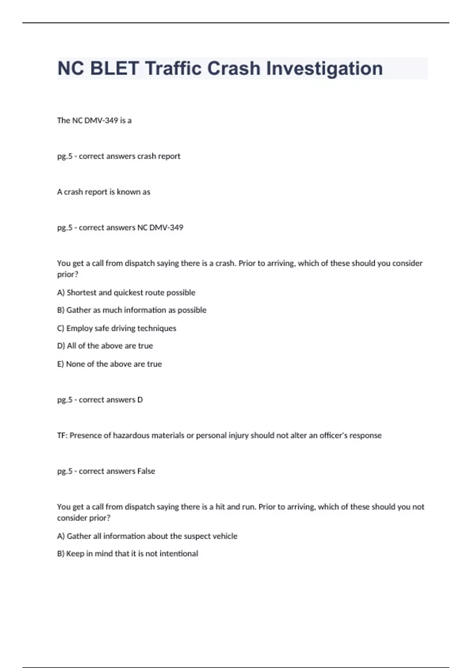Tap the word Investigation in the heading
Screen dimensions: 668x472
[324, 68]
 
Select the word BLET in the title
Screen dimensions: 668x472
[114, 68]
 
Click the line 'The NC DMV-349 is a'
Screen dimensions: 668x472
[94, 121]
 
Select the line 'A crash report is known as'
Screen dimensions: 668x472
[103, 192]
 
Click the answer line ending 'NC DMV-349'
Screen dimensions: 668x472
[120, 228]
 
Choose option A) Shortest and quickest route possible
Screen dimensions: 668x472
[126, 293]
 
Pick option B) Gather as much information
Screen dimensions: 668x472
[131, 310]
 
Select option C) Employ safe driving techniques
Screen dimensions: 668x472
[116, 328]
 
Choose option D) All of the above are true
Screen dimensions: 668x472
[105, 346]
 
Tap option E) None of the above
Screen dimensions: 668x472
[109, 364]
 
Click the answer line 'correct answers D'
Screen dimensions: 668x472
[100, 400]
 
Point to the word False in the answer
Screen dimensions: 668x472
[146, 471]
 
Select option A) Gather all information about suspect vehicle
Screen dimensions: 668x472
[147, 536]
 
